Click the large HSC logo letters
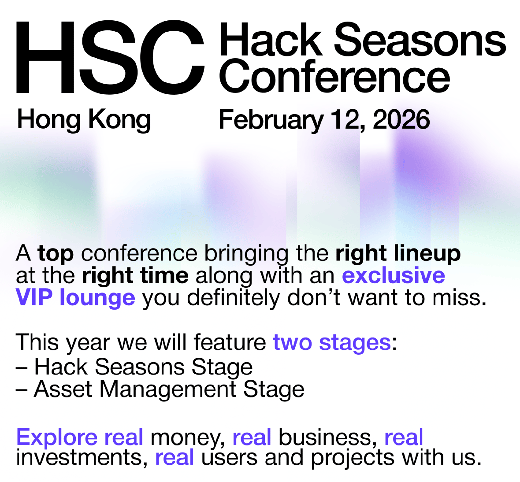click(110, 57)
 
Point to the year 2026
click(401, 120)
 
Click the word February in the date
click(271, 120)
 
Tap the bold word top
click(56, 254)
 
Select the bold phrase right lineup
click(398, 254)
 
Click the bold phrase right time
click(135, 275)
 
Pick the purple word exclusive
click(393, 275)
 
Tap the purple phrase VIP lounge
click(75, 298)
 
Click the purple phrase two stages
click(332, 343)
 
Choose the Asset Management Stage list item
click(160, 389)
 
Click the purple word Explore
click(57, 437)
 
